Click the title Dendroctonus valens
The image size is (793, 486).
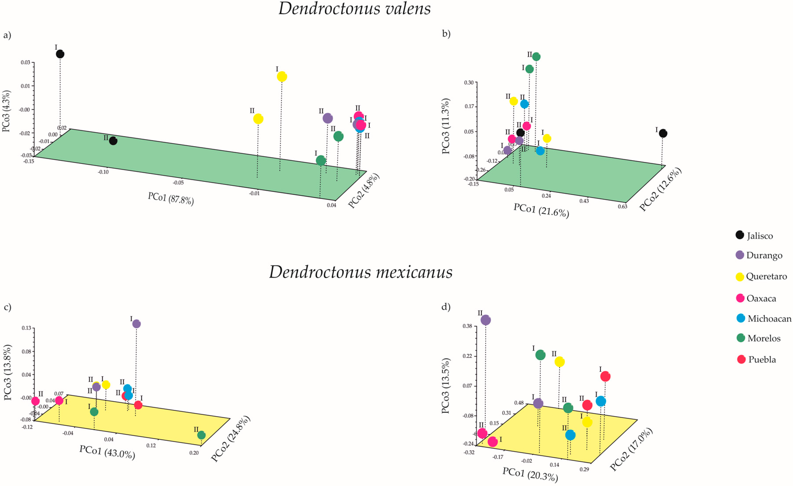click(354, 9)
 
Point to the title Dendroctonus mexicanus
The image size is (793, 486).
click(360, 272)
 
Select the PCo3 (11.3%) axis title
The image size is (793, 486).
click(446, 126)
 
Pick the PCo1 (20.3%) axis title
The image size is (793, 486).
click(530, 474)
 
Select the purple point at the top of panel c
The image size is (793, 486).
click(136, 324)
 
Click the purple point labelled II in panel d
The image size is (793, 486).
click(486, 320)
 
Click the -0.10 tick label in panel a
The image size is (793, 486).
click(103, 172)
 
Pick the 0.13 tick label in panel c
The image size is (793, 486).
click(26, 328)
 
